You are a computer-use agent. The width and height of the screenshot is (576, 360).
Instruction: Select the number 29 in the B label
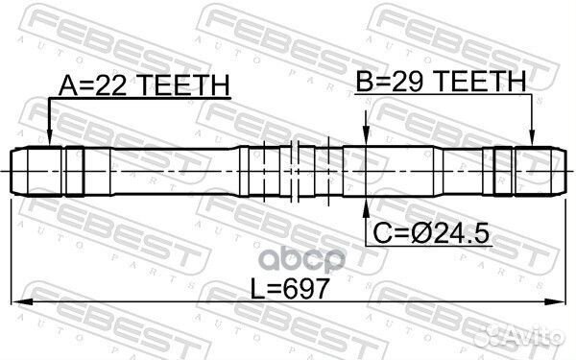click(415, 84)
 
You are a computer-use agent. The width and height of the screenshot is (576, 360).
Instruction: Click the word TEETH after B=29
click(484, 84)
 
